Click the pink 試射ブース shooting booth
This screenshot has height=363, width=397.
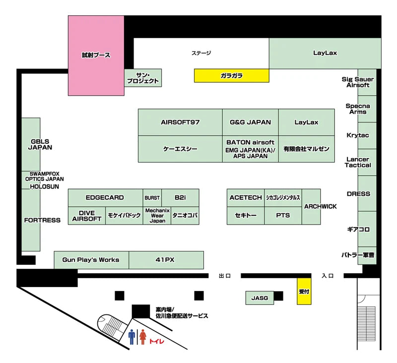pyautogui.click(x=96, y=56)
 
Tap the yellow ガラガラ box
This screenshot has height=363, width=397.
pyautogui.click(x=231, y=75)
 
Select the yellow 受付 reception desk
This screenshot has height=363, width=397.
pyautogui.click(x=304, y=291)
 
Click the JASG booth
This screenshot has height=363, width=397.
pyautogui.click(x=260, y=298)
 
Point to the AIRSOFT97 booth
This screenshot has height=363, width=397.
pyautogui.click(x=180, y=122)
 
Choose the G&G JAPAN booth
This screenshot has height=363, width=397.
pyautogui.click(x=251, y=122)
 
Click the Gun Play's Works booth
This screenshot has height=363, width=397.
pyautogui.click(x=91, y=260)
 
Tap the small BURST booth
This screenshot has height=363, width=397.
pyautogui.click(x=152, y=197)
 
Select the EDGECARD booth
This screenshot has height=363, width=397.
pyautogui.click(x=105, y=197)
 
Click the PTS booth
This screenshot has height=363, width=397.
pyautogui.click(x=283, y=216)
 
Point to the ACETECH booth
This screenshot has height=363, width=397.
pyautogui.click(x=246, y=197)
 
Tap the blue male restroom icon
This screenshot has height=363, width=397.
pyautogui.click(x=132, y=337)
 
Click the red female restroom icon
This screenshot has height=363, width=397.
pyautogui.click(x=143, y=337)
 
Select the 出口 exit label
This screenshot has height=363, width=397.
pyautogui.click(x=225, y=276)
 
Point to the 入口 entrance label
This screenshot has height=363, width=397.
pyautogui.click(x=328, y=276)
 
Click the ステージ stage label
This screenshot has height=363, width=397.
pyautogui.click(x=201, y=53)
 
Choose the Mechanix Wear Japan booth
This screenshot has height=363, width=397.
pyautogui.click(x=157, y=216)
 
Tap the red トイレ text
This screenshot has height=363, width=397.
pyautogui.click(x=156, y=341)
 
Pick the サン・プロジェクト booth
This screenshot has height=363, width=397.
pyautogui.click(x=143, y=78)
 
